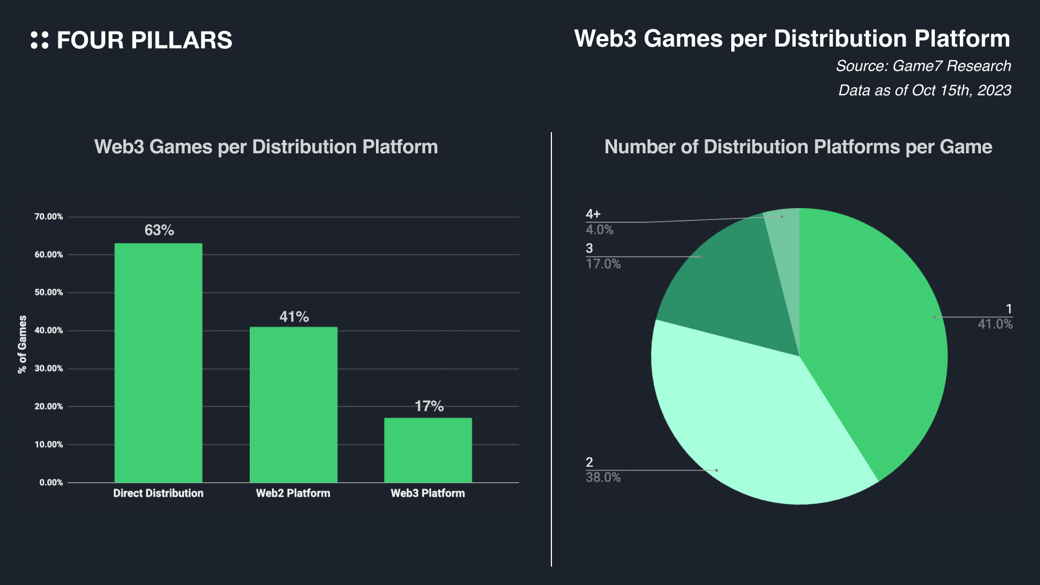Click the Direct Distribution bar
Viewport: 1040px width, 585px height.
[x=158, y=363]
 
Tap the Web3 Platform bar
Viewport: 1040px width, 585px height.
[x=428, y=450]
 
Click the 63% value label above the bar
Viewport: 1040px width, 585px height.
[x=159, y=230]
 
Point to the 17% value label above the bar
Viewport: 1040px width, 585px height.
[x=429, y=406]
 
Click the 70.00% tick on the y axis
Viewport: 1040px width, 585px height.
[x=49, y=217]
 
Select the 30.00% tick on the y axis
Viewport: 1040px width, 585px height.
[x=49, y=368]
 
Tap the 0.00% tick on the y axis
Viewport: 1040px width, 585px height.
[x=51, y=483]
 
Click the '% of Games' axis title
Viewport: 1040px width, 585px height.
[x=22, y=344]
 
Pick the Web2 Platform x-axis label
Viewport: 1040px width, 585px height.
[x=293, y=493]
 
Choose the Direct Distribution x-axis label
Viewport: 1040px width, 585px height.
[x=158, y=493]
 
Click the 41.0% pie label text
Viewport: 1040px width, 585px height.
[x=995, y=324]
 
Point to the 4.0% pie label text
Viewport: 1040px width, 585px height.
[x=600, y=230]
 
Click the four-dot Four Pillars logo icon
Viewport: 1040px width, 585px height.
[x=40, y=40]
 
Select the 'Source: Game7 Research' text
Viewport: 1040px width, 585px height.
[x=923, y=66]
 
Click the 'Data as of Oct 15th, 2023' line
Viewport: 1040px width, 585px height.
[x=925, y=90]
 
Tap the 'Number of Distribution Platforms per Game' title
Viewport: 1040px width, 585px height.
[x=798, y=147]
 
